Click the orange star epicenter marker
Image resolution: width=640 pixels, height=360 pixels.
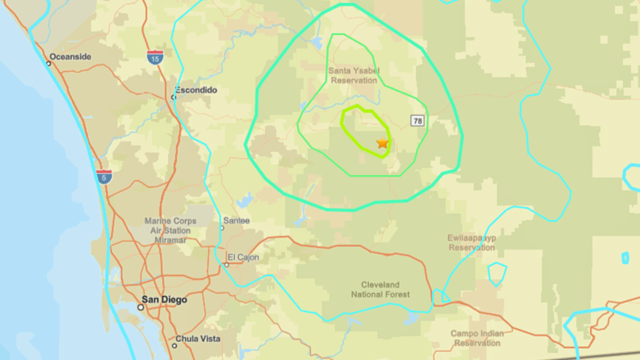382,143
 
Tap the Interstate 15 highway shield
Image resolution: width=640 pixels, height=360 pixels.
155,57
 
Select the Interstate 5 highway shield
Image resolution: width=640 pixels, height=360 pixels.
105,176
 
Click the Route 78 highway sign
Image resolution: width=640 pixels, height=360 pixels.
417,121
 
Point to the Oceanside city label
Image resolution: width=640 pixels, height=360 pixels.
70,57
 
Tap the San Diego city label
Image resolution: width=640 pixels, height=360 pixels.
164,300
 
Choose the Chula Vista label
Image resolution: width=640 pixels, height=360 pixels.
198,339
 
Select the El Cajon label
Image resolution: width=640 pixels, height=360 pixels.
243,258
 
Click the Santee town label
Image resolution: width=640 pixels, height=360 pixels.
236,221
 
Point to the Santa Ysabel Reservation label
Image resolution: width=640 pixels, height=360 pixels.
354,75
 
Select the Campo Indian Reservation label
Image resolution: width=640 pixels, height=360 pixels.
477,338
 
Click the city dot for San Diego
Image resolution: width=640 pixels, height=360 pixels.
141,307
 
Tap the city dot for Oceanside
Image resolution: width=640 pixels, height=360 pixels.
48,63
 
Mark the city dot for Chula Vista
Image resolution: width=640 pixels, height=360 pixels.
174,346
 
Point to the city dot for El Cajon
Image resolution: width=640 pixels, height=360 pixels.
226,265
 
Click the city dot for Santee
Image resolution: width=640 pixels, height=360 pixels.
222,228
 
